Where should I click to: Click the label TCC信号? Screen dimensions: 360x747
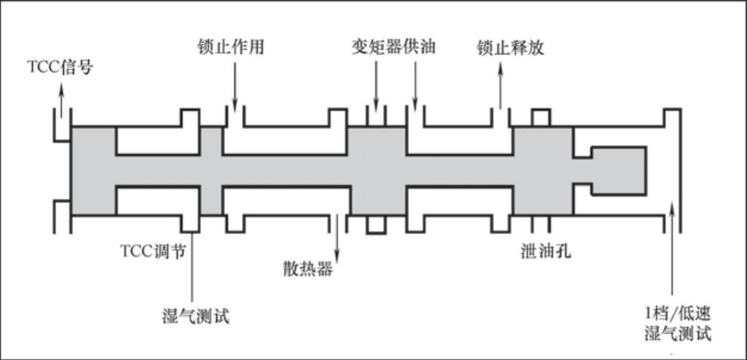pos(60,67)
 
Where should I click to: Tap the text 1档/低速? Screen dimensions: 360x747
pos(675,313)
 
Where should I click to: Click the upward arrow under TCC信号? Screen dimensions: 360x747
pos(60,99)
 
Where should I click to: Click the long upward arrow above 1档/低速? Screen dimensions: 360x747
pos(673,251)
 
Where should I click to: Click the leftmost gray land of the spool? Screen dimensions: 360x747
pos(93,170)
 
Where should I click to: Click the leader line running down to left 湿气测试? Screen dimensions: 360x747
pos(192,269)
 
